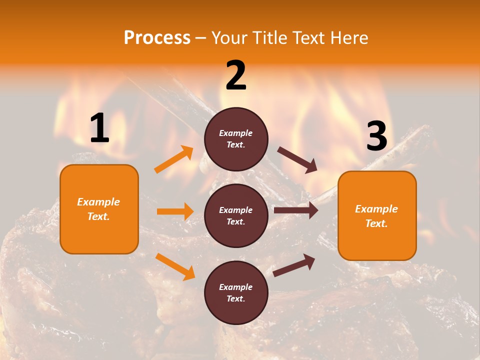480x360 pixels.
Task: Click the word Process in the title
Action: click(x=157, y=38)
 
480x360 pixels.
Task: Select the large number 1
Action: click(x=99, y=128)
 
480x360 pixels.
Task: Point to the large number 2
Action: click(x=236, y=75)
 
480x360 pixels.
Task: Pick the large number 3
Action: click(x=376, y=136)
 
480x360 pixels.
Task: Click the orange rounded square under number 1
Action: click(x=99, y=209)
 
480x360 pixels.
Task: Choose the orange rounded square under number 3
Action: click(x=377, y=215)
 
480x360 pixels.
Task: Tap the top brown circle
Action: click(x=236, y=139)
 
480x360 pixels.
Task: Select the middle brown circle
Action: click(x=236, y=215)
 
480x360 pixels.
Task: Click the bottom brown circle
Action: click(x=236, y=292)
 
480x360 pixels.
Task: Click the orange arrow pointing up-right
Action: click(x=174, y=159)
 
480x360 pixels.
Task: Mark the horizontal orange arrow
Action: click(x=175, y=211)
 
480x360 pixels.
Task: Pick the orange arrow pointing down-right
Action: click(x=175, y=266)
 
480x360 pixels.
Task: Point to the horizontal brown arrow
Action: click(x=296, y=210)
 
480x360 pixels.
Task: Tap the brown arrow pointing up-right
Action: click(x=294, y=265)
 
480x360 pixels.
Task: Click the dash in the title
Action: click(x=201, y=38)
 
